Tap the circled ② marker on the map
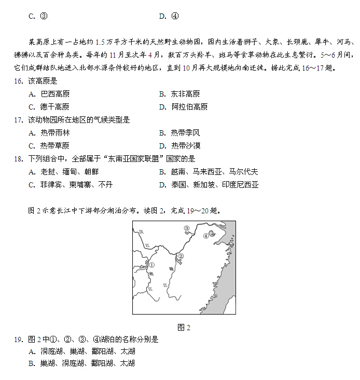[x=181, y=256]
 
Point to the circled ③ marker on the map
[x=187, y=228]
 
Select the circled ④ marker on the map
[x=205, y=236]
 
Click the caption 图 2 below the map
[x=184, y=327]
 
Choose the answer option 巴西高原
[x=54, y=94]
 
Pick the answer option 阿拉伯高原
[x=189, y=107]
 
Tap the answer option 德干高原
[x=54, y=107]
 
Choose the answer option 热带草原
[x=54, y=146]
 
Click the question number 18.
[x=19, y=159]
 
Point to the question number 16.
[x=19, y=81]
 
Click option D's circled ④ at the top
[x=175, y=16]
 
